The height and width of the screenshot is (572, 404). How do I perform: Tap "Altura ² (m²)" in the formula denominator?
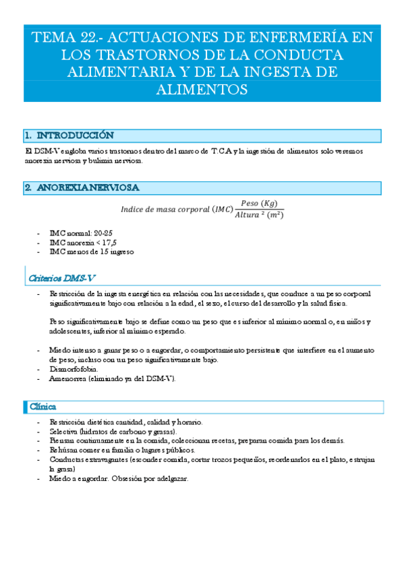(x=259, y=215)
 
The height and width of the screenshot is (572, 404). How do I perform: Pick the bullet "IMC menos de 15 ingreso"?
(x=92, y=252)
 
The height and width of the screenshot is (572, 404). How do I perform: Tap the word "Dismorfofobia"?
(x=74, y=370)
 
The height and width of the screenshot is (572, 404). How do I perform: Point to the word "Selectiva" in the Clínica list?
(x=63, y=431)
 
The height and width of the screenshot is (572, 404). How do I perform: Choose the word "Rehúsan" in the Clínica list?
(x=63, y=449)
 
